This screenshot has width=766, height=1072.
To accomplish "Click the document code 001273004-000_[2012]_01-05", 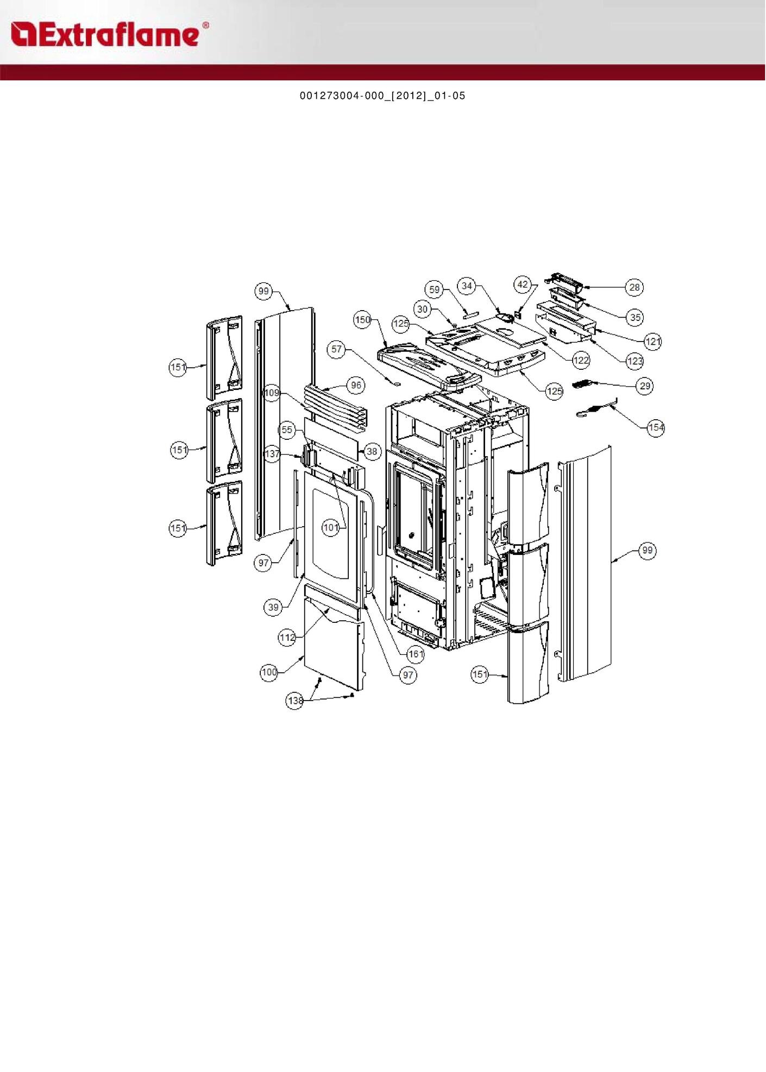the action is click(x=382, y=96).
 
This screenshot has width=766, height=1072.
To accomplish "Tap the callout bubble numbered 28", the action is click(x=635, y=287).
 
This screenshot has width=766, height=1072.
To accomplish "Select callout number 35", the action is click(x=635, y=317).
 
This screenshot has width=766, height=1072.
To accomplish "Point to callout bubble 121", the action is click(x=652, y=342).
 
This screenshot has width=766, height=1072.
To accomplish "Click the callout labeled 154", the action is click(x=656, y=427).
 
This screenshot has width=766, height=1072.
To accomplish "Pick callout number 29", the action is click(x=645, y=386).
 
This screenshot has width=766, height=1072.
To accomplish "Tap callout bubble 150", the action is click(x=362, y=320).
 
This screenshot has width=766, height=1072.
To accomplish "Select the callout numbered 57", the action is click(x=337, y=349).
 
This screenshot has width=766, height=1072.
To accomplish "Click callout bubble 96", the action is click(x=356, y=386).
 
